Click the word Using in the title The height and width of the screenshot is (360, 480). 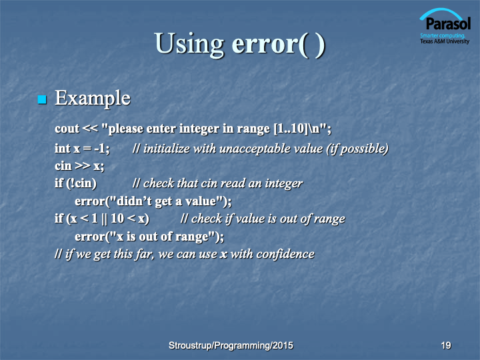pos(189,44)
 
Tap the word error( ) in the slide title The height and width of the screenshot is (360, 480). pos(278,45)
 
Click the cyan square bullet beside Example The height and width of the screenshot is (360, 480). pos(42,99)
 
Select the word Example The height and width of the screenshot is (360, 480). pos(93,98)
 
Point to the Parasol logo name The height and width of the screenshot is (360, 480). pos(448,24)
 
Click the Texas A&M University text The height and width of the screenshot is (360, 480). pos(445,41)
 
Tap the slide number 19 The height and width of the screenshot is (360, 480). pos(446,345)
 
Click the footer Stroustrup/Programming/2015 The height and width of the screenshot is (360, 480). pos(231,345)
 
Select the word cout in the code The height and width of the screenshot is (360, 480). pos(67,129)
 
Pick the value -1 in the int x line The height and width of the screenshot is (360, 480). pos(101,149)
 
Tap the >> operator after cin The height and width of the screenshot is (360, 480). pos(83,166)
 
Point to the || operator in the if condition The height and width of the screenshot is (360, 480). pos(104,219)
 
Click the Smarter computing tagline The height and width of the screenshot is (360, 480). pos(443,35)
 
